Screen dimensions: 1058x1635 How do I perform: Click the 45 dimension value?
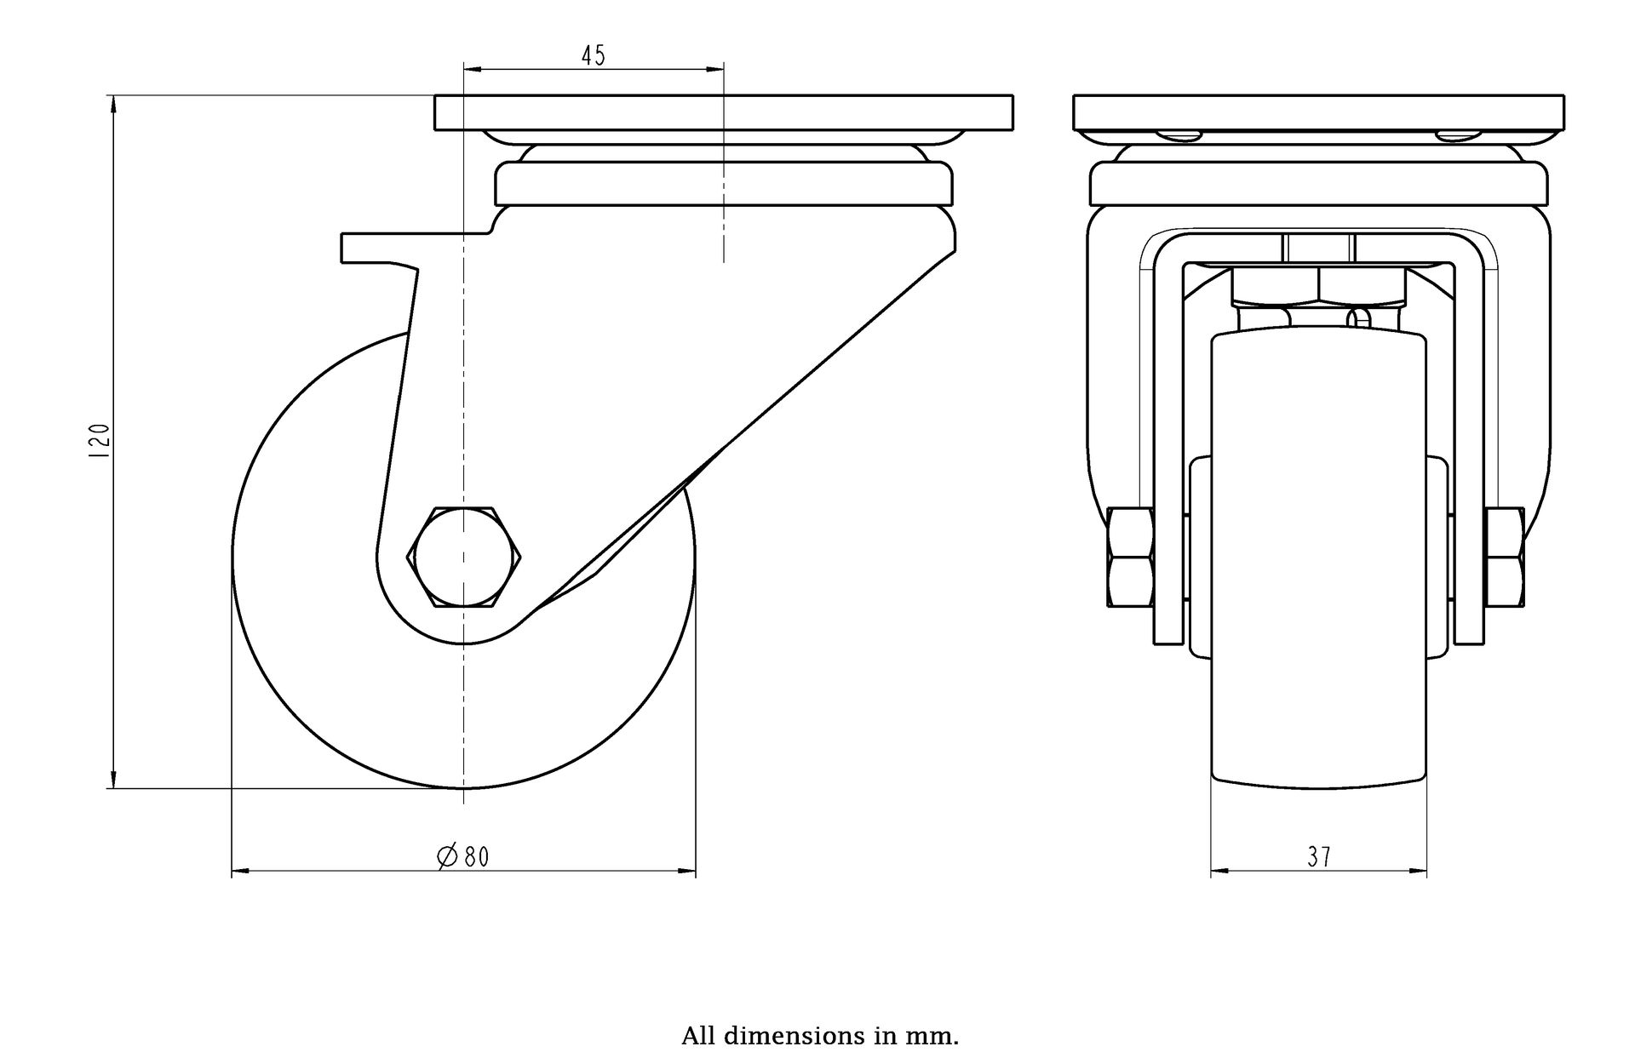coord(593,56)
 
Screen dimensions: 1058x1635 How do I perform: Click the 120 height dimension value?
coord(99,441)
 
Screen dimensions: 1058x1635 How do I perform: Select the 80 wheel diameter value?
coord(477,856)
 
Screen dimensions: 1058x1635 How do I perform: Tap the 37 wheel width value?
coord(1319,856)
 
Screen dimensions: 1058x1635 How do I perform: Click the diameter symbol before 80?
coord(447,855)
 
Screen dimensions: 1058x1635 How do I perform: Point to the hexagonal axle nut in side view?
coord(464,558)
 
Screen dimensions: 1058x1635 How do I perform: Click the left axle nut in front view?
coord(1130,558)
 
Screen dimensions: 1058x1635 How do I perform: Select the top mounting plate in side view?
coord(724,112)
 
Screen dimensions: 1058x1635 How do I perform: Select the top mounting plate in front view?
coord(1320,112)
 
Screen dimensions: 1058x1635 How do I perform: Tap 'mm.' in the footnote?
coord(938,1036)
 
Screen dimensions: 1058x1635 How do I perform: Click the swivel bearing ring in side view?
coord(724,183)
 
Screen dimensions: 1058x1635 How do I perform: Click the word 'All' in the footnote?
coord(699,1036)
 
